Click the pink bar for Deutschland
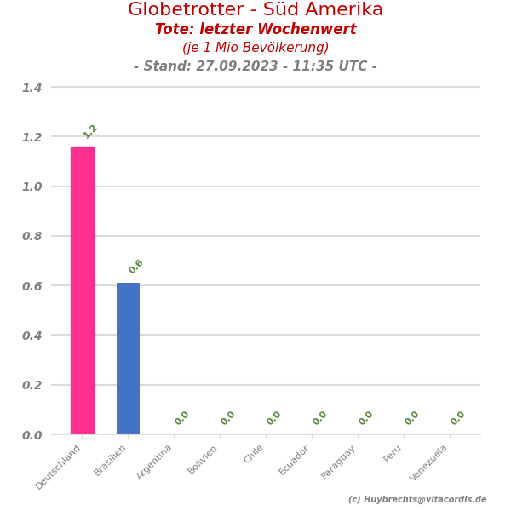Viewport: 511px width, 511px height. point(83,290)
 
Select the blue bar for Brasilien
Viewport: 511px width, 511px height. point(128,359)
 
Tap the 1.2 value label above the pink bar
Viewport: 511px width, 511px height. point(90,131)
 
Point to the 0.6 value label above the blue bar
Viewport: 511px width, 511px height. point(136,267)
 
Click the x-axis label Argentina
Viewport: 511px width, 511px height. point(155,461)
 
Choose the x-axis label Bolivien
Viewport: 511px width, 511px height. point(203,459)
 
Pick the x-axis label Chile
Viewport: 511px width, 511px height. point(254,454)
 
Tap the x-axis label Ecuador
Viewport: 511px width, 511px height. point(295,459)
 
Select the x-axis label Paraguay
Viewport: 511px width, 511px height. point(339,461)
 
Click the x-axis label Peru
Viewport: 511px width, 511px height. point(393,453)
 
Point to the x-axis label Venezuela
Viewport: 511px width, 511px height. point(429,462)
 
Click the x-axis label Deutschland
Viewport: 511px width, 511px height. point(59,466)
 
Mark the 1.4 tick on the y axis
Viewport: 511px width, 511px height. point(32,88)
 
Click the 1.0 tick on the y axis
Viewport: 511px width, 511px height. point(32,187)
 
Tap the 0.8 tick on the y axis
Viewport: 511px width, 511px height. point(32,236)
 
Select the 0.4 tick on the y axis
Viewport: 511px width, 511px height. point(32,336)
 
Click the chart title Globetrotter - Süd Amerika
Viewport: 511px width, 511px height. point(255,10)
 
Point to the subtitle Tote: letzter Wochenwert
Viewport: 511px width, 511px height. point(255,30)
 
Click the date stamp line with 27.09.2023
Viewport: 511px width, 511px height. point(255,66)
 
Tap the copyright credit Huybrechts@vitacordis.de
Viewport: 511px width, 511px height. point(417,500)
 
